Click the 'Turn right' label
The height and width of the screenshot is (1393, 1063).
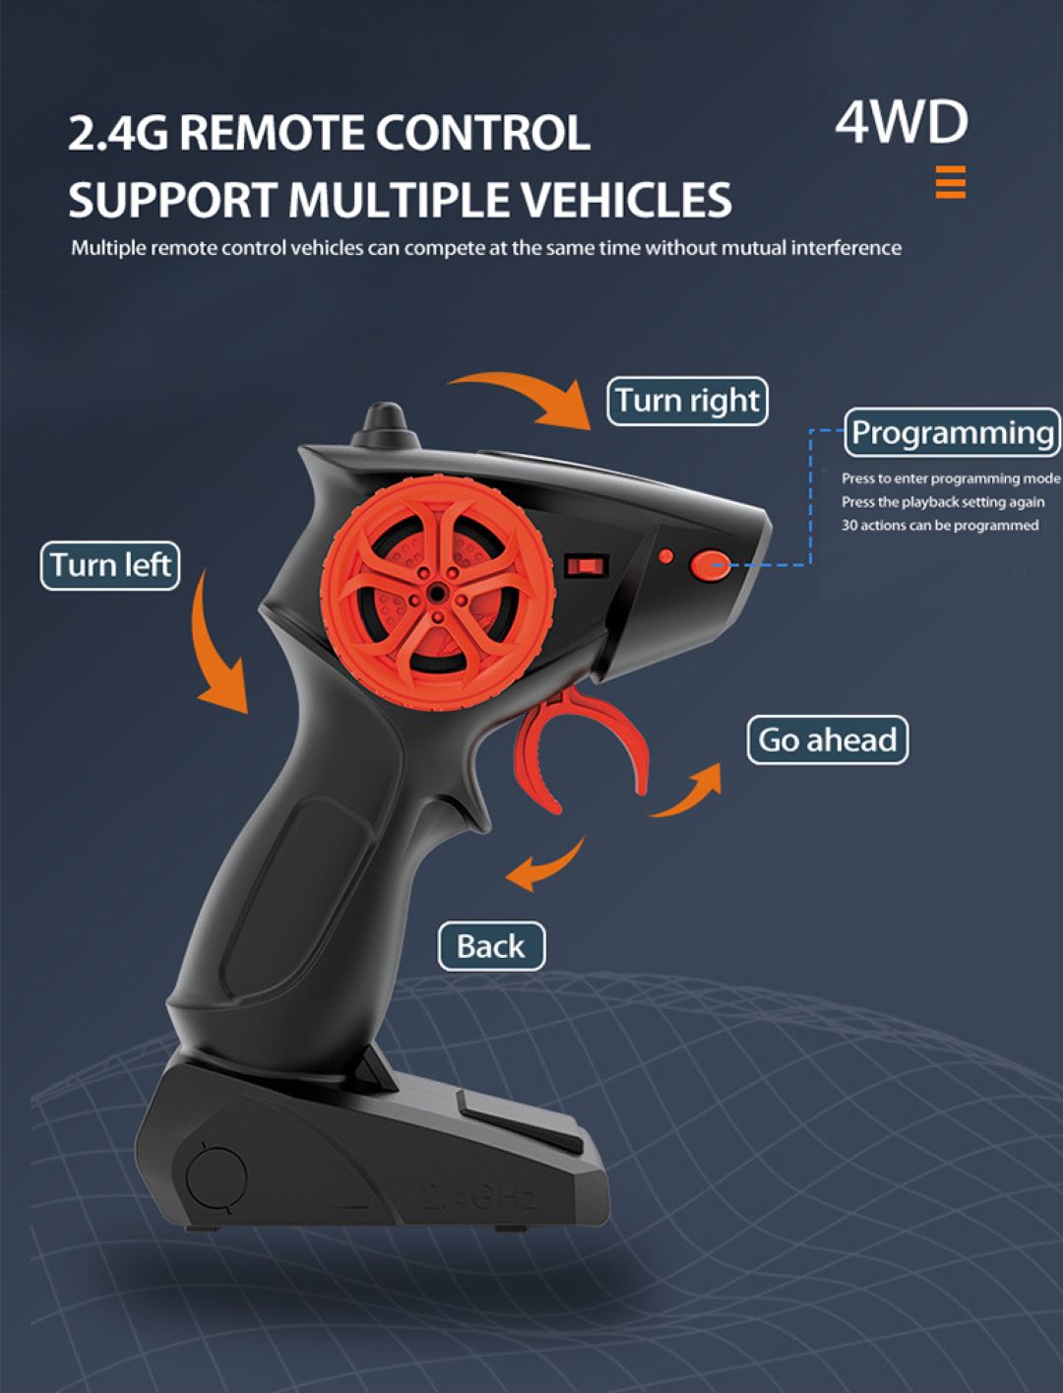[x=687, y=402]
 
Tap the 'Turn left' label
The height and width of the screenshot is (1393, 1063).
[x=110, y=566]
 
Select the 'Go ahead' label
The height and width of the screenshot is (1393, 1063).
[x=827, y=740]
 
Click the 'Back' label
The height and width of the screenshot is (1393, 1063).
[x=491, y=947]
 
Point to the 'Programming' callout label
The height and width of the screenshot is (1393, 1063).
[x=952, y=433]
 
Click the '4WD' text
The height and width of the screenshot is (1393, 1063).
[x=902, y=122]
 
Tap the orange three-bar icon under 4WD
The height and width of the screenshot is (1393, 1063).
[x=951, y=183]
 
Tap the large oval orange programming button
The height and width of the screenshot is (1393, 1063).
[x=710, y=564]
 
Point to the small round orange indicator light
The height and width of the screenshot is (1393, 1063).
[x=666, y=557]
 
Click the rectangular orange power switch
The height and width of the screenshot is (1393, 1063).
[x=586, y=566]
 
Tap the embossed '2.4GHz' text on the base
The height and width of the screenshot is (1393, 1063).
[x=480, y=1197]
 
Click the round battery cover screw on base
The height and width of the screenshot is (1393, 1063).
[x=217, y=1177]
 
